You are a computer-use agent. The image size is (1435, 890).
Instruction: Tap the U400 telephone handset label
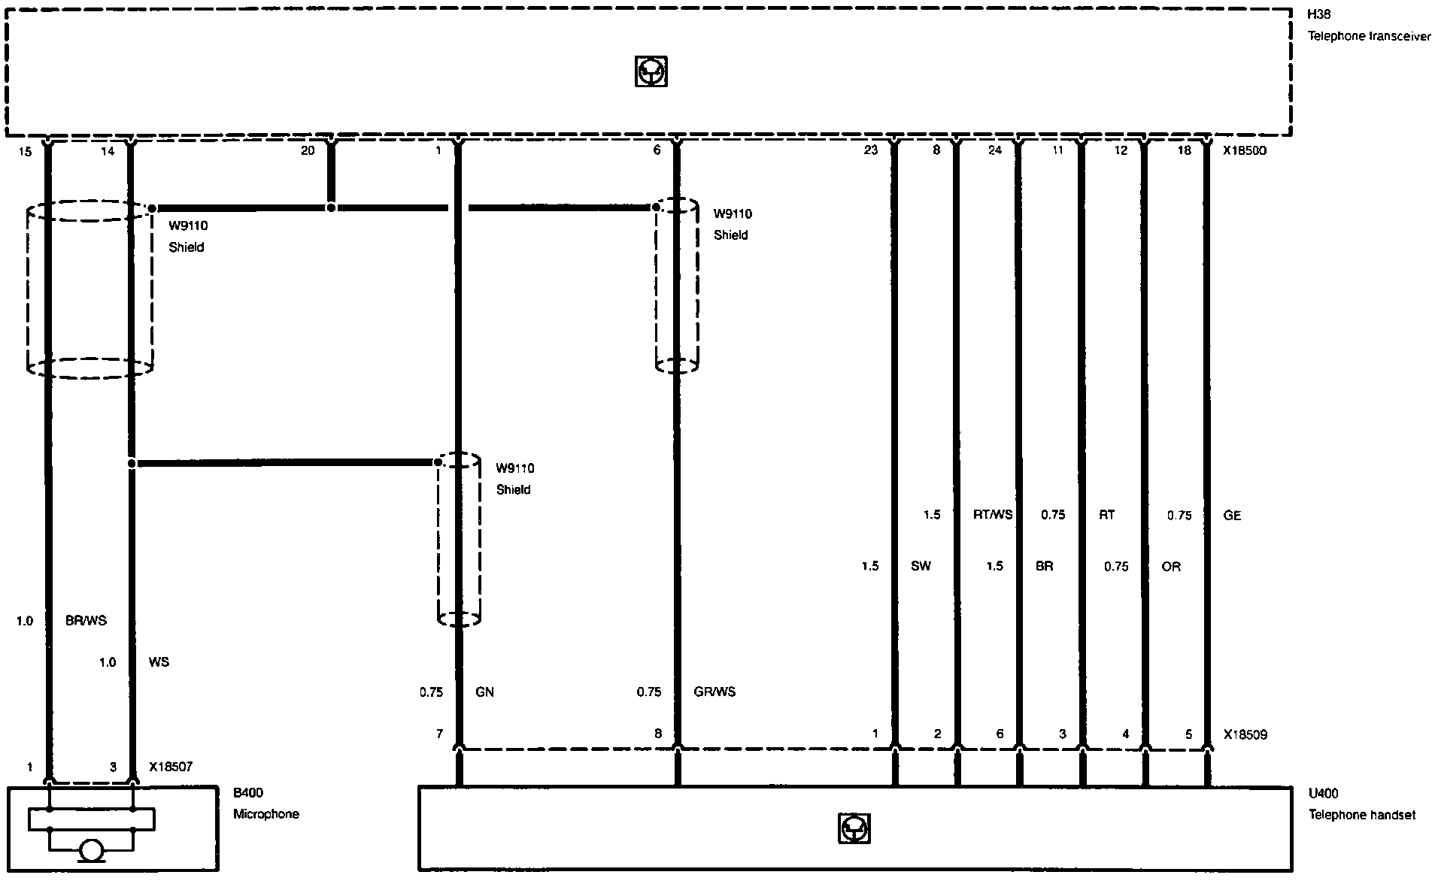pos(1362,804)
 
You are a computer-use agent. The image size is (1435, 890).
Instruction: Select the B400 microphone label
pos(265,803)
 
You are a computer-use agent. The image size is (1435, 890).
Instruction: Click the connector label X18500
pos(1245,150)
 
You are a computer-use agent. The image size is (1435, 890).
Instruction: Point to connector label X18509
pos(1245,734)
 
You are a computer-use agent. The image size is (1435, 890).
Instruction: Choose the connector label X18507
pos(171,767)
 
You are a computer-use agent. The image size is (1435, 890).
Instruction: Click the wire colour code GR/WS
pos(714,692)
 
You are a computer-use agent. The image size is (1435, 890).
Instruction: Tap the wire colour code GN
pos(484,692)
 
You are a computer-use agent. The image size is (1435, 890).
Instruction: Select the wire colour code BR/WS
pos(86,621)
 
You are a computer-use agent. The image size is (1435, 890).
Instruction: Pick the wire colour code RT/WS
pos(993,515)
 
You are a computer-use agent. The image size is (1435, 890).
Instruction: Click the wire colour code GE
pos(1232,516)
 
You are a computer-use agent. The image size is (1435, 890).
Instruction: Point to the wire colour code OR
pos(1171,566)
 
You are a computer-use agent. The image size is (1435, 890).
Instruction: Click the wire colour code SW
pos(921,566)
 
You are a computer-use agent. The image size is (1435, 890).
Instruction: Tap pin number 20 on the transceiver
pos(308,150)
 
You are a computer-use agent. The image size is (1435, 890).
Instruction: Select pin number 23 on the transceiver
pos(870,150)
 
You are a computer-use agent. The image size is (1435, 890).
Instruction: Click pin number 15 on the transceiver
pos(25,151)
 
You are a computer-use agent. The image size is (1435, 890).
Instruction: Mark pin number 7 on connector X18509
pos(440,734)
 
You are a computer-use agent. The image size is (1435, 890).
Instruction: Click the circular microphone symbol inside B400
pos(92,851)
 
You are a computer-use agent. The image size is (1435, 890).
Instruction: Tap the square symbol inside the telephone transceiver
pos(651,71)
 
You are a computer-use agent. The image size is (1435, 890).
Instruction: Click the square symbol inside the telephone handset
pos(854,828)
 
